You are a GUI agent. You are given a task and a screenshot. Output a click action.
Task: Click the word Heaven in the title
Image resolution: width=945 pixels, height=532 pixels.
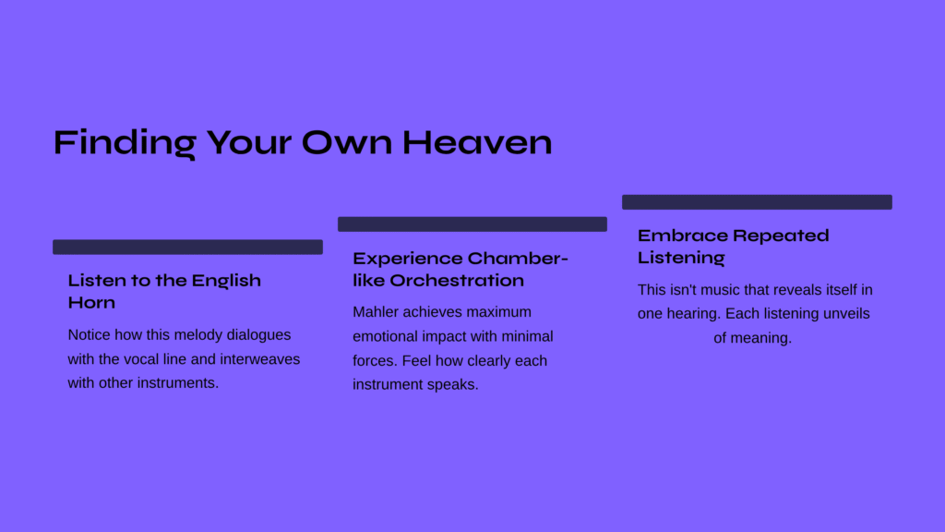477,142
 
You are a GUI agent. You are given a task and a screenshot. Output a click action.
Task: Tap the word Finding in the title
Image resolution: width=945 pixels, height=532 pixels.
125,143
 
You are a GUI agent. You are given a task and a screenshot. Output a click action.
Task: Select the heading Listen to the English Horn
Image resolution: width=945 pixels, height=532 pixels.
164,291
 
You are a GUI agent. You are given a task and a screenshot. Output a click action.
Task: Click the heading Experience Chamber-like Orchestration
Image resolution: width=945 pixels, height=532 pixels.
461,269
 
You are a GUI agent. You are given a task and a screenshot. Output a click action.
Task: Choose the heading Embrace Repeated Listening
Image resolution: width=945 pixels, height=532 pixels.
734,246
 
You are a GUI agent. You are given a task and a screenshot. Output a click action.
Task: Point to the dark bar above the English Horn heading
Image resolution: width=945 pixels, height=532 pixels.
187,247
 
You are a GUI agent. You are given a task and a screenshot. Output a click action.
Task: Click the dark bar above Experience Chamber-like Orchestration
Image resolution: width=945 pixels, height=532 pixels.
472,224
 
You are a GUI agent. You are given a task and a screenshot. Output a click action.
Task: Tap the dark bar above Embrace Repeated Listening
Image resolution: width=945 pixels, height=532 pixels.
757,202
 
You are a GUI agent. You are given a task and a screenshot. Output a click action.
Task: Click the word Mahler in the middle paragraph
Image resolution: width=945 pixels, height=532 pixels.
376,312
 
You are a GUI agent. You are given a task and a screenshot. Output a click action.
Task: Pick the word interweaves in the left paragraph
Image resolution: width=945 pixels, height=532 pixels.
259,359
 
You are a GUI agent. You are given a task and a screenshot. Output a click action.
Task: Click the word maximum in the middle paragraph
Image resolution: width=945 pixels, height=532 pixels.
499,312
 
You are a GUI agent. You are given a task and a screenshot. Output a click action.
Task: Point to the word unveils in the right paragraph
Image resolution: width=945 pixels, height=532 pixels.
848,314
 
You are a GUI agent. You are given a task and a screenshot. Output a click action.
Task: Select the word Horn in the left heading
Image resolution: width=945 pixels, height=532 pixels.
91,302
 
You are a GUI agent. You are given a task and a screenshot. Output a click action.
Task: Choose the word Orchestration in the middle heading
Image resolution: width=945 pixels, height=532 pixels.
457,281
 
